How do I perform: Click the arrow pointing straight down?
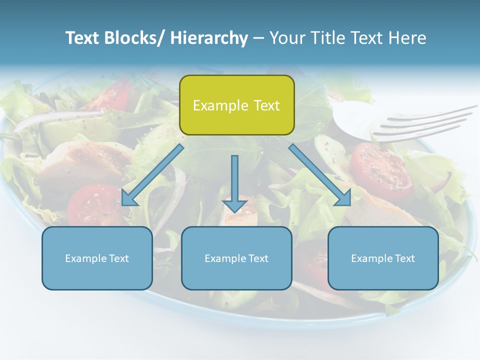point(234,185)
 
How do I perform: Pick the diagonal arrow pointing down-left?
point(152,175)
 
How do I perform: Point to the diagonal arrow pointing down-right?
point(320,175)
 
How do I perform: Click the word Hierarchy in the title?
point(209,38)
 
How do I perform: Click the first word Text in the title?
point(82,38)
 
